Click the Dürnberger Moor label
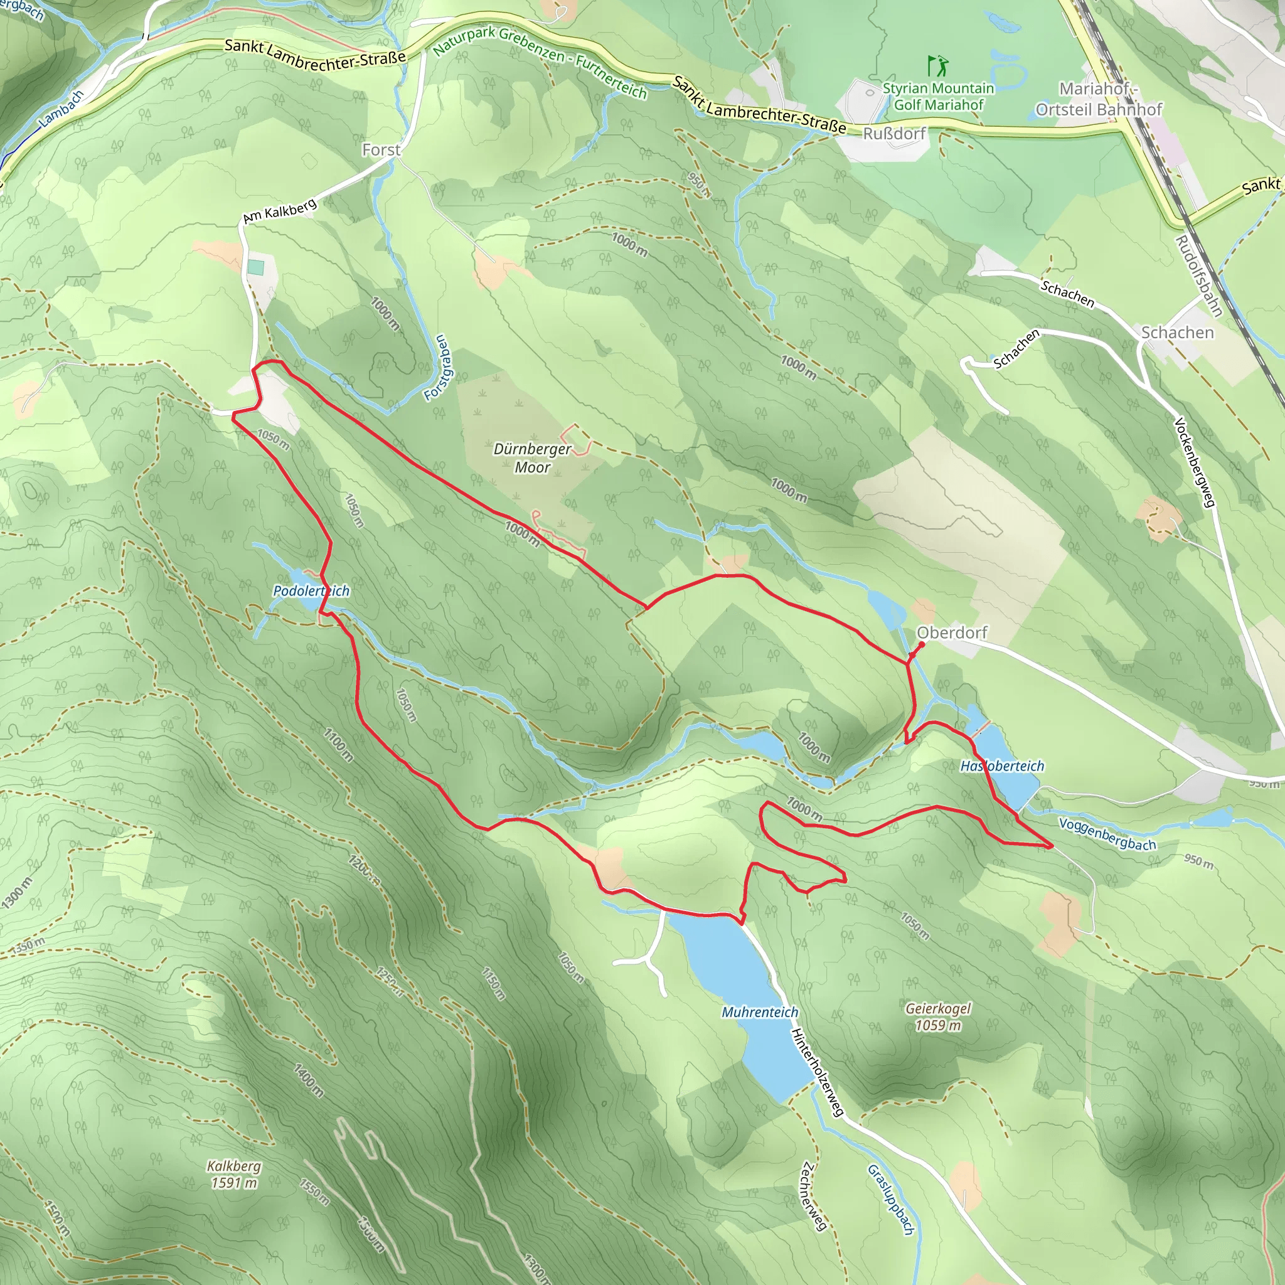532,457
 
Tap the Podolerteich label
311,590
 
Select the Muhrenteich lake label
760,1011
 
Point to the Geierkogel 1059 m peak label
938,1016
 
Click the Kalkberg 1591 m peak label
233,1174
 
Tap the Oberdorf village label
952,632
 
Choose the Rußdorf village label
894,134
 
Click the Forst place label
381,151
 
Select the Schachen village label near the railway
1177,333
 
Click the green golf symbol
938,66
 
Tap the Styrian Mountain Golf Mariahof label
938,97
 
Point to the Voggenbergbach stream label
1107,834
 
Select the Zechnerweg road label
814,1196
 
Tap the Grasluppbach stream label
890,1199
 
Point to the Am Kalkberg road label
279,211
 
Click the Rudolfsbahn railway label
1198,275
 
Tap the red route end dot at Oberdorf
921,645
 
